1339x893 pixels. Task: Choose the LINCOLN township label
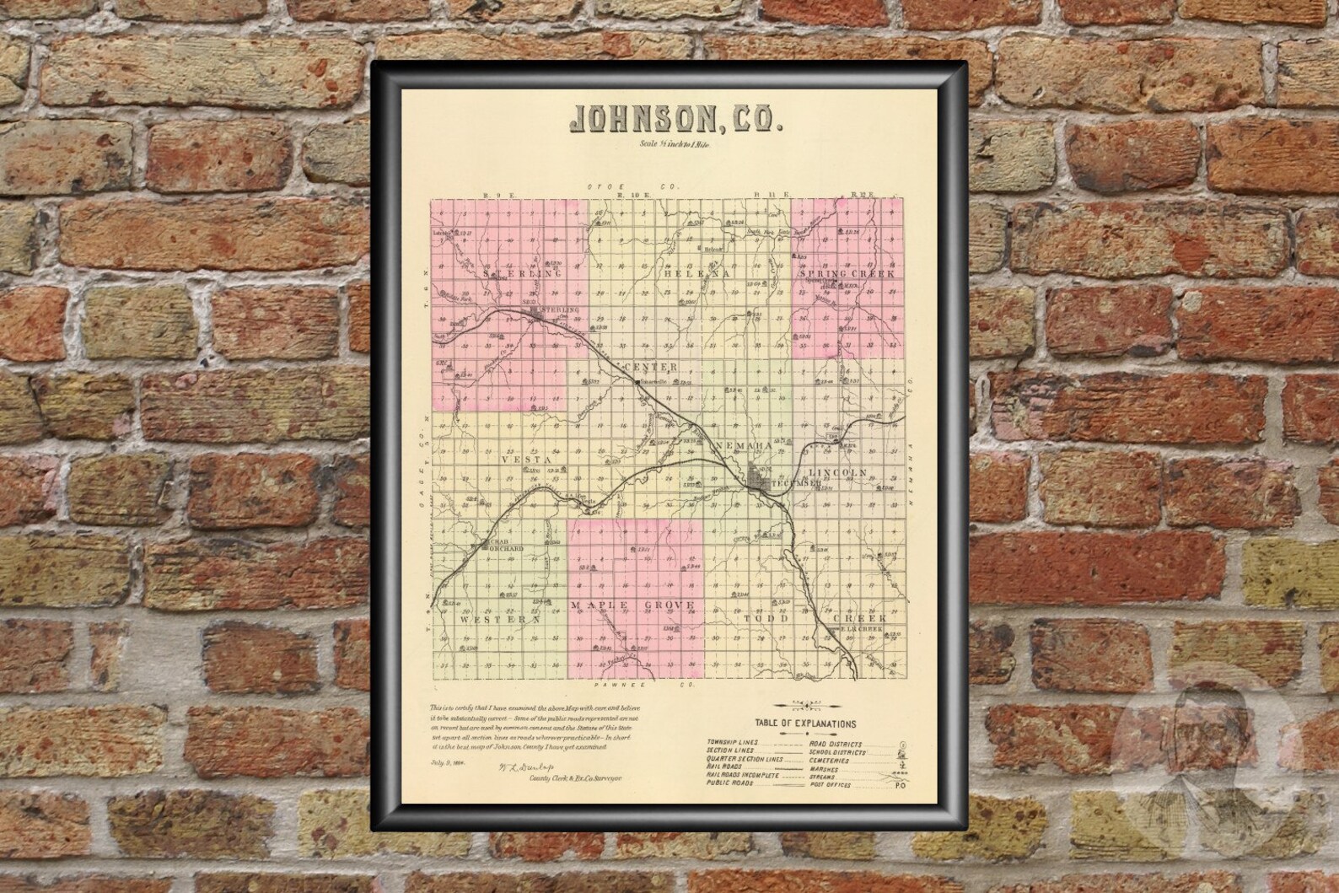pyautogui.click(x=837, y=472)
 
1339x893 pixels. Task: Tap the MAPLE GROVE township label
pyautogui.click(x=632, y=605)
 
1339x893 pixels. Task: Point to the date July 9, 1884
pyautogui.click(x=445, y=763)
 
